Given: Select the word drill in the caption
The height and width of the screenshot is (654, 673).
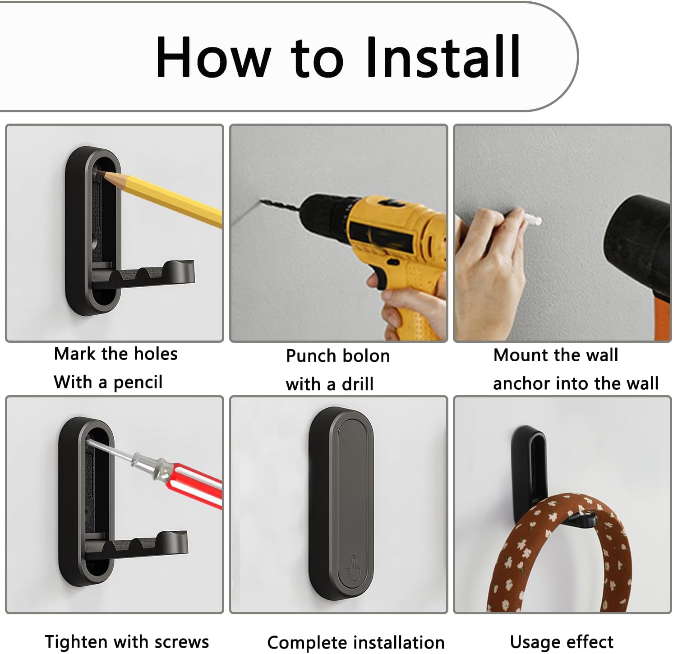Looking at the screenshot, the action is pos(357,384).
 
